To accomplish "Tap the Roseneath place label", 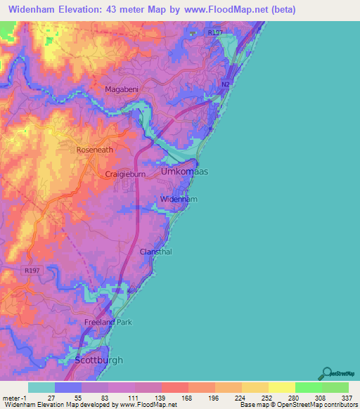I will coord(94,150).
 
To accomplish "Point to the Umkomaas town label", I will coord(185,171).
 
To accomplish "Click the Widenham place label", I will coord(179,200).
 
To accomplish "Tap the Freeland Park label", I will coord(108,322).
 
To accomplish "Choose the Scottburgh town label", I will coord(98,360).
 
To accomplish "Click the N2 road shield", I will coord(225,84).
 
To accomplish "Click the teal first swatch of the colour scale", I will coord(41,387).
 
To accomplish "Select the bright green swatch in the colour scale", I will coord(308,387).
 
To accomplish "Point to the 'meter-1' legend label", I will coord(14,398).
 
